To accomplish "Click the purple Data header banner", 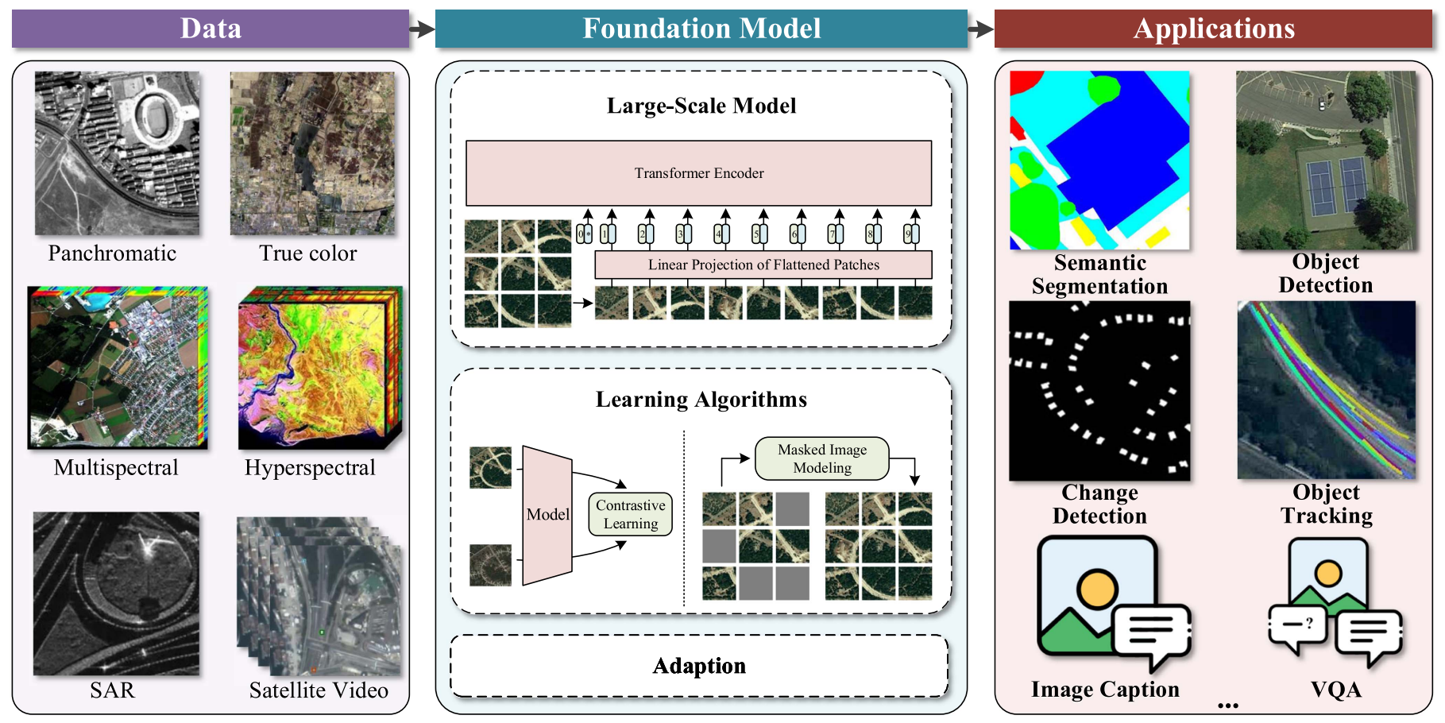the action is click(211, 29).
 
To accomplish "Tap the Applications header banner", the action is click(1213, 29).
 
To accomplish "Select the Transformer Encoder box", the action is click(698, 173).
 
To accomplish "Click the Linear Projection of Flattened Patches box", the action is click(763, 265).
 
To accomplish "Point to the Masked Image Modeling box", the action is click(821, 458).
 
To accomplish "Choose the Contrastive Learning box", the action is click(631, 514).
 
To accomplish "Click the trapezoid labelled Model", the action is click(547, 515).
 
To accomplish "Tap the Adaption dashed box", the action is click(699, 666).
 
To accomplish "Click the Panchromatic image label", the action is click(112, 253).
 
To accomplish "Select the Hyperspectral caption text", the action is click(310, 467).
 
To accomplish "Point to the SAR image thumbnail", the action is click(116, 593).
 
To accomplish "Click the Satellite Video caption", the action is click(319, 690).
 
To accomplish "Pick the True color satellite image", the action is click(312, 153).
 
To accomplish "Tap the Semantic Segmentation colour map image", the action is click(1099, 160).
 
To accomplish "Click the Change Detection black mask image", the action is click(1099, 390).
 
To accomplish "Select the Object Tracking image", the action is click(1327, 389).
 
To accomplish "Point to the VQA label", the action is click(1336, 690).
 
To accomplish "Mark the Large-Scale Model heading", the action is click(701, 106).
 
